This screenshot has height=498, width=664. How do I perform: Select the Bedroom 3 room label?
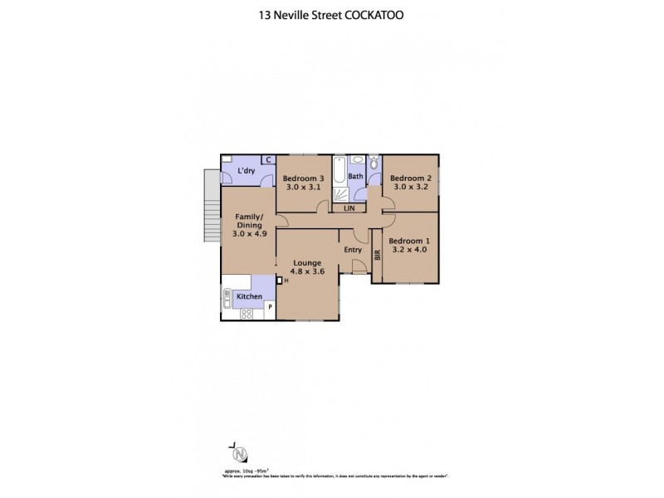[302, 178]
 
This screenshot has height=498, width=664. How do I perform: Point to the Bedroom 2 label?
[411, 178]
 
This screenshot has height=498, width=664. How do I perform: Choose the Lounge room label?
[305, 262]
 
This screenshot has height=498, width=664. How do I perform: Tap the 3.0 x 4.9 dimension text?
[249, 233]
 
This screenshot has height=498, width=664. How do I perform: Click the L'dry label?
[246, 172]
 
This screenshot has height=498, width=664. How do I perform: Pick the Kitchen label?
[250, 296]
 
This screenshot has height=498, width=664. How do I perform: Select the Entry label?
[353, 250]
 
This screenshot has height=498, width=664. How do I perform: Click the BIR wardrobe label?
[378, 256]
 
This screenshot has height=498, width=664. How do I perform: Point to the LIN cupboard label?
[349, 207]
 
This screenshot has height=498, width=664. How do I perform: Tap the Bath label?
[355, 177]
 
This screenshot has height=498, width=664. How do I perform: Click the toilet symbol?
[373, 163]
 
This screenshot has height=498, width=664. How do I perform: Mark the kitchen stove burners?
[247, 313]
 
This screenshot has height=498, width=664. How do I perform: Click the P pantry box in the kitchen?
[269, 309]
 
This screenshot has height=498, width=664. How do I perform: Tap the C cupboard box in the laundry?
[269, 160]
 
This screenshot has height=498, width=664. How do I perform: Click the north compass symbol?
[240, 453]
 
